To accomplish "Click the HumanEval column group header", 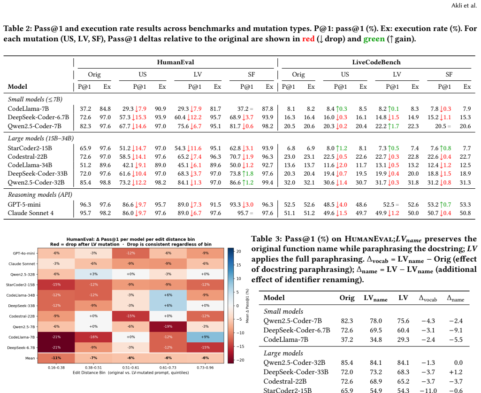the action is (x=176, y=62).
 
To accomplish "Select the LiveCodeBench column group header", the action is (x=376, y=62).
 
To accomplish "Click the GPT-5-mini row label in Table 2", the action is (x=24, y=205).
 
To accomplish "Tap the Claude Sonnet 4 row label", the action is (x=31, y=213).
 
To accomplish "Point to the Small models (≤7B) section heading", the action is (x=35, y=99).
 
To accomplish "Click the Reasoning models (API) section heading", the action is (x=40, y=195).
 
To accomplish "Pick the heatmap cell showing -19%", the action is (x=168, y=327).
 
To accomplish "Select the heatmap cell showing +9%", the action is (x=205, y=337).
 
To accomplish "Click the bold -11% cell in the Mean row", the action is (x=56, y=358).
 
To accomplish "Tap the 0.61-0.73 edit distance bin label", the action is (x=168, y=368).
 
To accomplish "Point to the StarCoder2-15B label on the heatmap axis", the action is (x=20, y=285).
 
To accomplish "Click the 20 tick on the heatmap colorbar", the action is (x=238, y=251).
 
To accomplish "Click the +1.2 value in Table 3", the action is (x=456, y=372).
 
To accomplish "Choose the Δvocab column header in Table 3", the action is (x=428, y=298).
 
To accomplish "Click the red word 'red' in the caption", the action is (x=308, y=39).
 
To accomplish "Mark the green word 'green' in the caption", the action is (x=374, y=39).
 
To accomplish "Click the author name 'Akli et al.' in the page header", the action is (x=464, y=6).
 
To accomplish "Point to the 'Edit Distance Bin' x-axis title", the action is (x=89, y=372).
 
